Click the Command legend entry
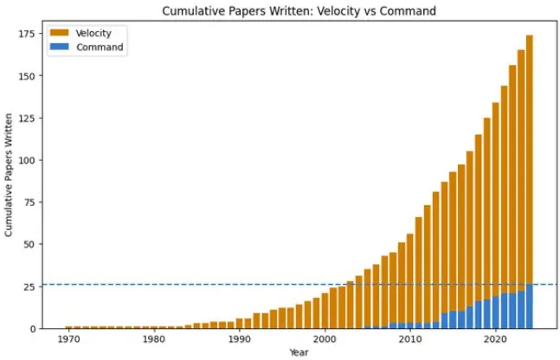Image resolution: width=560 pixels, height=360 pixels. pos(100,47)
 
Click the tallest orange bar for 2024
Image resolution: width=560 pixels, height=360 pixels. pos(530,156)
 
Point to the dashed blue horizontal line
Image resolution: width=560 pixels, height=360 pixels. pos(173,284)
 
